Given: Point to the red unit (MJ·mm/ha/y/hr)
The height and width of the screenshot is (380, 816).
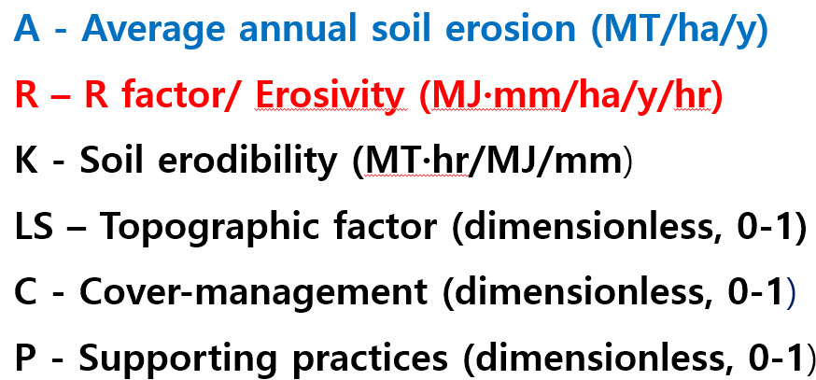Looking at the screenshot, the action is (x=570, y=97).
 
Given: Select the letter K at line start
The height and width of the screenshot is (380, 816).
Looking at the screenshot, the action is (x=26, y=162).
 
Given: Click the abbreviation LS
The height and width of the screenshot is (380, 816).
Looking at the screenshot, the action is (x=34, y=228).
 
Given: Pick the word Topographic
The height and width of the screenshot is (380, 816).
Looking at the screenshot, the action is (x=210, y=229).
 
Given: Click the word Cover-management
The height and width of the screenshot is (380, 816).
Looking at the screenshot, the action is (x=253, y=293).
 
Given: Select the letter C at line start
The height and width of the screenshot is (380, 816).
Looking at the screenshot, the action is (x=26, y=293).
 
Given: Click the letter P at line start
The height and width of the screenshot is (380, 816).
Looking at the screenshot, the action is (x=25, y=359).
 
